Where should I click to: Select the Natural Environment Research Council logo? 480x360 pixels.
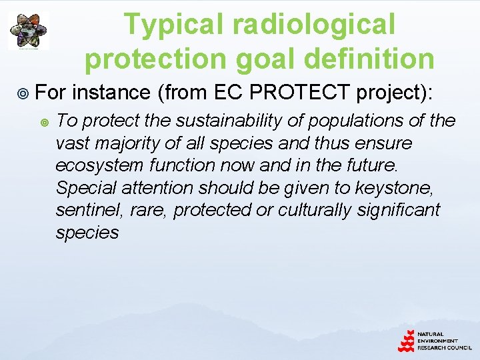tap(434, 341)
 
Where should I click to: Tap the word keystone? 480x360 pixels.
tap(412, 187)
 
